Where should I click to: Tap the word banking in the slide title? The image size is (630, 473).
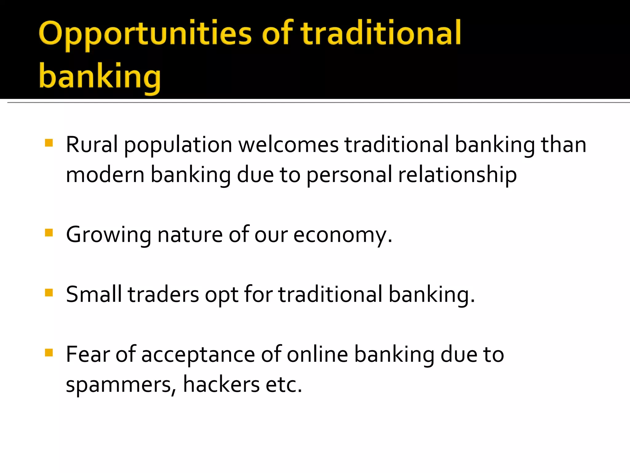[100, 76]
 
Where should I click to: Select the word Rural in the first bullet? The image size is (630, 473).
[92, 144]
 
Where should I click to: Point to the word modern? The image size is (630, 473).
[105, 175]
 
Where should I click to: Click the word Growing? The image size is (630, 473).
[108, 235]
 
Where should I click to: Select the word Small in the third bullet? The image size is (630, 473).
[94, 294]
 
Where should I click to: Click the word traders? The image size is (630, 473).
[163, 294]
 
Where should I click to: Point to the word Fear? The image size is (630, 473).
[88, 354]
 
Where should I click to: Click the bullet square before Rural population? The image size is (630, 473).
[49, 143]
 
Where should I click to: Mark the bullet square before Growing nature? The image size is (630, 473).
[49, 232]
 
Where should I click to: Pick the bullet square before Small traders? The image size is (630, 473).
[49, 292]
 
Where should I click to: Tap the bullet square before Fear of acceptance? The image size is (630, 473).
[49, 352]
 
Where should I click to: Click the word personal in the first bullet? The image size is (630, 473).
[349, 175]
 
